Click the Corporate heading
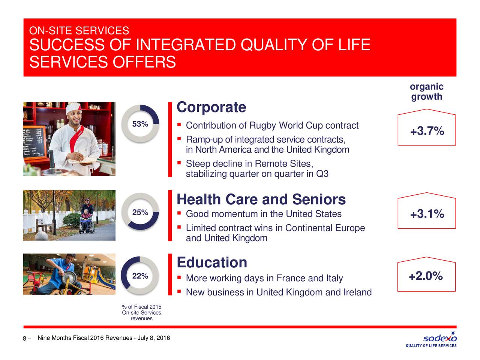point(211,107)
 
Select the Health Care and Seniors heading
point(261,199)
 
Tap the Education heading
point(212,262)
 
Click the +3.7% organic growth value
point(427,131)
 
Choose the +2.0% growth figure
point(426,276)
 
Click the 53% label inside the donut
point(140,124)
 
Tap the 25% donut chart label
point(140,212)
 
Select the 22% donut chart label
point(140,276)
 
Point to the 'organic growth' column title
point(427,91)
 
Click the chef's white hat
point(73,108)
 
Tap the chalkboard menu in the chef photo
point(34,142)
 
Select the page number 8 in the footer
point(24,339)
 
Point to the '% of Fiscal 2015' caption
point(141,307)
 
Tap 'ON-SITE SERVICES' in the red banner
point(79,30)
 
